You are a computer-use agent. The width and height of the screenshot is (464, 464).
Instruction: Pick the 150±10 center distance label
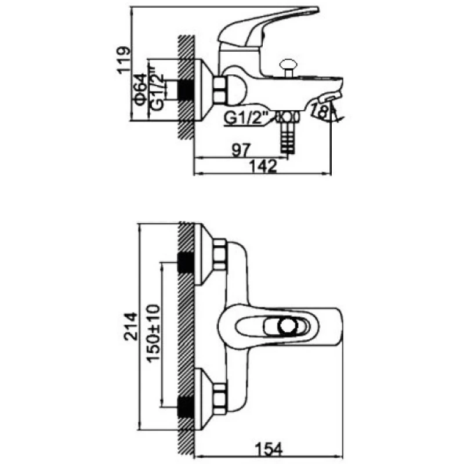pos(154,333)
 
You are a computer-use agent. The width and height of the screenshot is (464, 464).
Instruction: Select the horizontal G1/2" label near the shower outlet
pos(242,119)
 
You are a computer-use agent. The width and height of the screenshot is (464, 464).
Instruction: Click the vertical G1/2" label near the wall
pos(155,89)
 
